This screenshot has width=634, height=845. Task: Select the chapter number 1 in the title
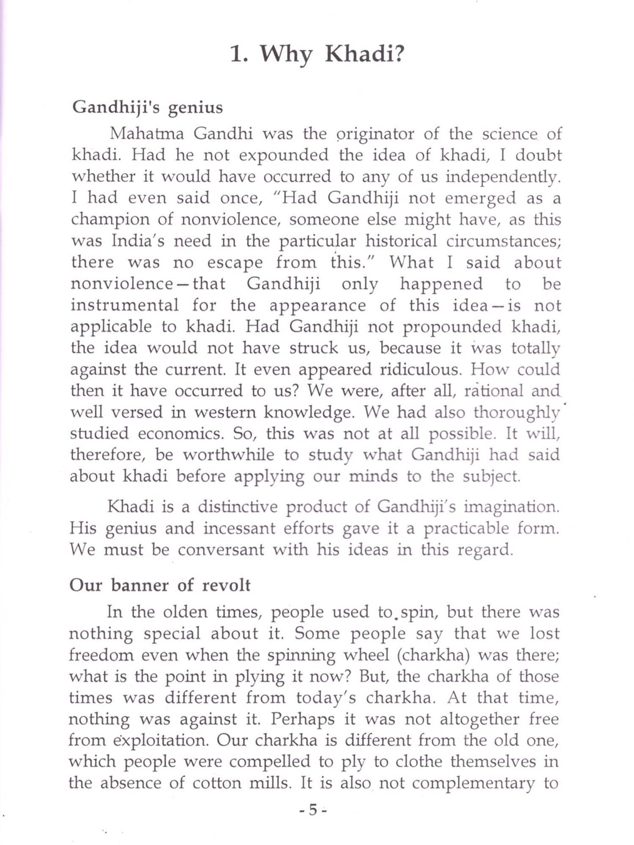(237, 55)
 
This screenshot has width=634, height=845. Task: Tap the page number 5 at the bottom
(313, 810)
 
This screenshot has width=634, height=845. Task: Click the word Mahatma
(147, 134)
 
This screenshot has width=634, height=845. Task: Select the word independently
(503, 177)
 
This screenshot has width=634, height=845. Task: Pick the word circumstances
(503, 241)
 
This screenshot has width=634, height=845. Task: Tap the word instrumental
(125, 305)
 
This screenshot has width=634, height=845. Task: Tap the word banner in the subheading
(140, 586)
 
